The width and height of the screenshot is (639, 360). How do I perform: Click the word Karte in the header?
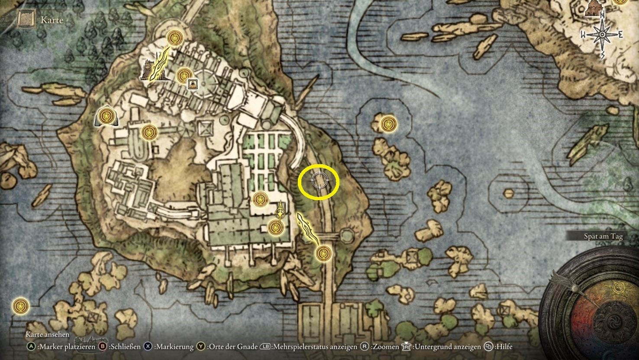[52, 20]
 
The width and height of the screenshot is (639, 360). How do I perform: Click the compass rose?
[602, 35]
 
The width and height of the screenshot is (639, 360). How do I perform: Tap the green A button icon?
[31, 347]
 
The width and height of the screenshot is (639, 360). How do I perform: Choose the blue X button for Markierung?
[148, 347]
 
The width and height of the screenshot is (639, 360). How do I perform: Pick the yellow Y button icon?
[201, 347]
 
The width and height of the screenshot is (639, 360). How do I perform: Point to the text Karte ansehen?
[47, 335]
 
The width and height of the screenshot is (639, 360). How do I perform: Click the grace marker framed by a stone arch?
[105, 116]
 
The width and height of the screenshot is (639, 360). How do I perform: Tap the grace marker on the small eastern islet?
[387, 124]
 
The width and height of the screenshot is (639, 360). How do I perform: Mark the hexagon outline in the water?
[507, 192]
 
